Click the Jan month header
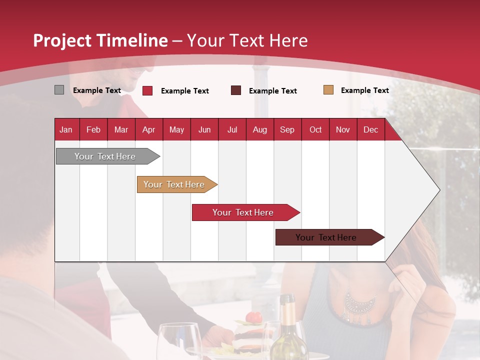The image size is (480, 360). tap(66, 129)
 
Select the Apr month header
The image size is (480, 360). tap(148, 129)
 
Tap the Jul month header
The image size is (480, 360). tap(232, 129)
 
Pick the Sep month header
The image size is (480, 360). tap(287, 129)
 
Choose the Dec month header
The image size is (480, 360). tap(370, 129)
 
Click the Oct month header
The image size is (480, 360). tap(315, 129)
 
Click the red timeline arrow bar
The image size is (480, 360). tap(243, 212)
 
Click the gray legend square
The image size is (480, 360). tap(59, 90)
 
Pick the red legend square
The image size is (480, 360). tap(147, 90)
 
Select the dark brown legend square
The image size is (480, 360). tap(236, 90)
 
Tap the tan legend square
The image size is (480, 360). tap(328, 90)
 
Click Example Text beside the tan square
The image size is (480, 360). tap(364, 90)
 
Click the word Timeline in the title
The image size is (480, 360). tap(132, 40)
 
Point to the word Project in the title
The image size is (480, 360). tap(61, 40)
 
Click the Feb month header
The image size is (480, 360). tap(93, 129)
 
